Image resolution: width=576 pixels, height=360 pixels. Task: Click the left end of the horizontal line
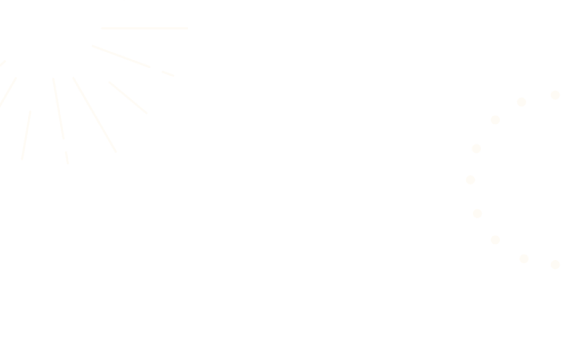click(x=102, y=28)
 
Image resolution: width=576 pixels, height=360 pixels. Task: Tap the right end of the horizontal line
click(x=187, y=28)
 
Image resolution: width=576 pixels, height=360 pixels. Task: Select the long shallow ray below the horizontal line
click(x=121, y=56)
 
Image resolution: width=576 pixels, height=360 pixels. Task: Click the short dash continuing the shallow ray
click(x=167, y=73)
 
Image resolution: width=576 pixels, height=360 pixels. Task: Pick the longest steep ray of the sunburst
click(x=94, y=115)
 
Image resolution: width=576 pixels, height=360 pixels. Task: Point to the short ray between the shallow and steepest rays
click(x=128, y=97)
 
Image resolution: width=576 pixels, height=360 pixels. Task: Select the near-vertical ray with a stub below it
click(x=58, y=108)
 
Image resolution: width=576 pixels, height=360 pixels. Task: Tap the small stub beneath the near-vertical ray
click(x=67, y=157)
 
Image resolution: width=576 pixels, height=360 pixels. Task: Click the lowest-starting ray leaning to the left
click(x=26, y=135)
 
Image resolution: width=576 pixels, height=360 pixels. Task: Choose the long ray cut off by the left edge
click(x=7, y=92)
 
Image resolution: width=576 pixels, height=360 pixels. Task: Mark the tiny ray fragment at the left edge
click(x=3, y=63)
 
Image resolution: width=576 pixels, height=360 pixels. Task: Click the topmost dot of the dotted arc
click(x=555, y=94)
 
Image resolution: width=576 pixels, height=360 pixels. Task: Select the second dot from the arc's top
click(x=522, y=102)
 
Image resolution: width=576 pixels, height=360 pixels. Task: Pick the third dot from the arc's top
click(x=495, y=119)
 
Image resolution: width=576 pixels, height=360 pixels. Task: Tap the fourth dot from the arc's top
click(x=476, y=148)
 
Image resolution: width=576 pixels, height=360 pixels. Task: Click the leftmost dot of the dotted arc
click(x=470, y=180)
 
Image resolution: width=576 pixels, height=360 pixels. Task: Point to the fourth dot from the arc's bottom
click(x=477, y=213)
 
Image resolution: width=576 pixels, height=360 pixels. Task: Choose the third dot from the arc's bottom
click(x=495, y=239)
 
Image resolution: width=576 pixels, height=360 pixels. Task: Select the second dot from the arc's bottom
click(x=524, y=258)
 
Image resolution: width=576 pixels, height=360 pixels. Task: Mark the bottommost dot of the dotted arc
click(x=555, y=265)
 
